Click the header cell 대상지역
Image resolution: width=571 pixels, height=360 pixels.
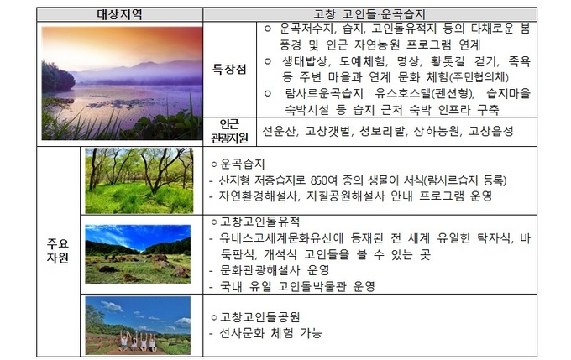click(119, 14)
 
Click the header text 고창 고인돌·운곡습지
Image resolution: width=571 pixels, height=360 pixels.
click(369, 14)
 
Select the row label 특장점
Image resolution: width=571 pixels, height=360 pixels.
click(229, 69)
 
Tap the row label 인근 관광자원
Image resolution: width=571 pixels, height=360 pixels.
click(229, 132)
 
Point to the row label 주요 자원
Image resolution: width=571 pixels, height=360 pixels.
click(58, 250)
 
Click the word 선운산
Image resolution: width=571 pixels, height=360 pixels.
click(280, 131)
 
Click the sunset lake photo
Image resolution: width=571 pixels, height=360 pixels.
click(122, 83)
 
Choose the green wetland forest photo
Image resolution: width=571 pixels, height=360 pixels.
click(139, 180)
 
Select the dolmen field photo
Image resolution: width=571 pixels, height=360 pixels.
click(138, 254)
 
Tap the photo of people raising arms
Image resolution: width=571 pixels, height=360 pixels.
click(138, 326)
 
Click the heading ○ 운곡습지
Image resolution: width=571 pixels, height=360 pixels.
click(238, 164)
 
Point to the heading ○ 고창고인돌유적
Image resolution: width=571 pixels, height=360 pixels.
click(255, 222)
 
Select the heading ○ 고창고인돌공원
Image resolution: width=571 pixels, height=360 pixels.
click(255, 316)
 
